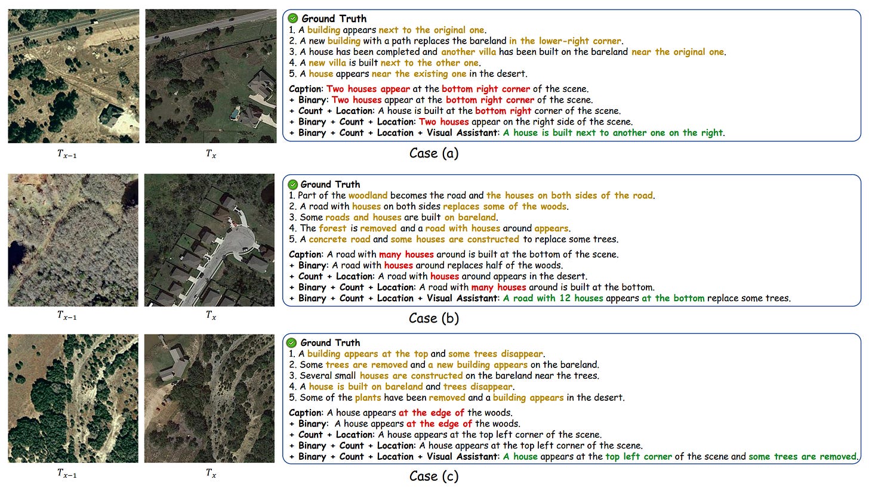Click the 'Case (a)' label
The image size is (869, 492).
click(433, 153)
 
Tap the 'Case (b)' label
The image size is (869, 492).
click(433, 318)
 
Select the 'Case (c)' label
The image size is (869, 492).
click(433, 476)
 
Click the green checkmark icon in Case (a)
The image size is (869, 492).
click(293, 19)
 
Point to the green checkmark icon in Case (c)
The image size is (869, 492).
click(292, 343)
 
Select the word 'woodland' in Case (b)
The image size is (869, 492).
click(368, 196)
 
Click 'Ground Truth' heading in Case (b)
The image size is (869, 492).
click(330, 185)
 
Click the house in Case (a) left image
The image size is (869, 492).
click(112, 114)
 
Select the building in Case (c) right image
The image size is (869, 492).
click(172, 364)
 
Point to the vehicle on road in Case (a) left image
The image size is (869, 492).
click(94, 22)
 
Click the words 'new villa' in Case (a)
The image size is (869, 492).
click(325, 63)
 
